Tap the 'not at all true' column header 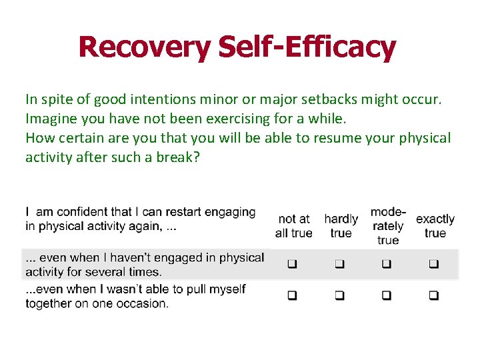(293, 226)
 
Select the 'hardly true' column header (341, 226)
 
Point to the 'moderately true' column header (387, 226)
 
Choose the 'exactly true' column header (435, 226)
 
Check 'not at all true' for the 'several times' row (292, 265)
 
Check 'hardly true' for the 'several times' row (339, 265)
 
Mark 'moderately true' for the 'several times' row (386, 265)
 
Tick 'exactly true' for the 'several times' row (433, 265)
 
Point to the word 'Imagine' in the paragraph (51, 119)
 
